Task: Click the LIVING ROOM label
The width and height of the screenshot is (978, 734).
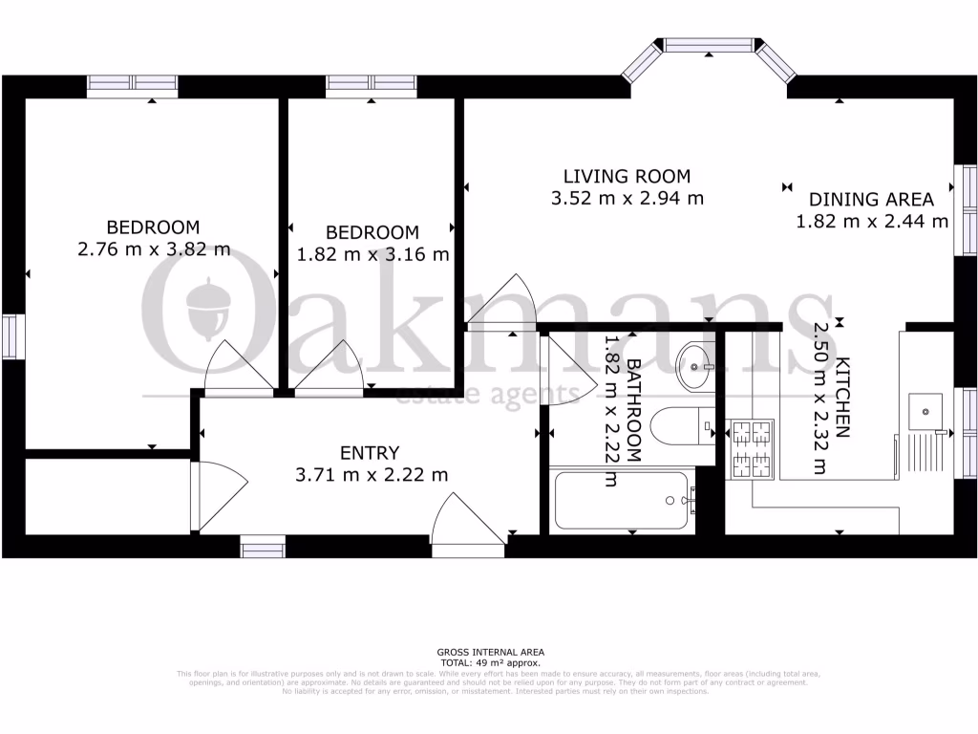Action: point(626,176)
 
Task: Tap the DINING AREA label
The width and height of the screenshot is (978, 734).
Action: point(871,200)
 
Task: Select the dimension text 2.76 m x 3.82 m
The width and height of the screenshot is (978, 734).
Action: point(153,250)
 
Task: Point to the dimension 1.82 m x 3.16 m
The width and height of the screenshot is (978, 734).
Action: point(372,255)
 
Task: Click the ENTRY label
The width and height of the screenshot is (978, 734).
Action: point(370,453)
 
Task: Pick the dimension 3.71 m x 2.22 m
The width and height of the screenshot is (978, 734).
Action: point(370,474)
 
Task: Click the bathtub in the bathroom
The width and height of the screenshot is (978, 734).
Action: point(621,500)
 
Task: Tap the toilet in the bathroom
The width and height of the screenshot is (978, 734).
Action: point(680,422)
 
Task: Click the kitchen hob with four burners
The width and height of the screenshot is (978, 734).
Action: point(751,450)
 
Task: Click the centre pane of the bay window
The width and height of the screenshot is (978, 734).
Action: point(708,44)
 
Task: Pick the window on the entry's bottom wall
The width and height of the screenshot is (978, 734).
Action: point(263,548)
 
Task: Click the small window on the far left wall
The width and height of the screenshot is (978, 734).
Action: point(11,335)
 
